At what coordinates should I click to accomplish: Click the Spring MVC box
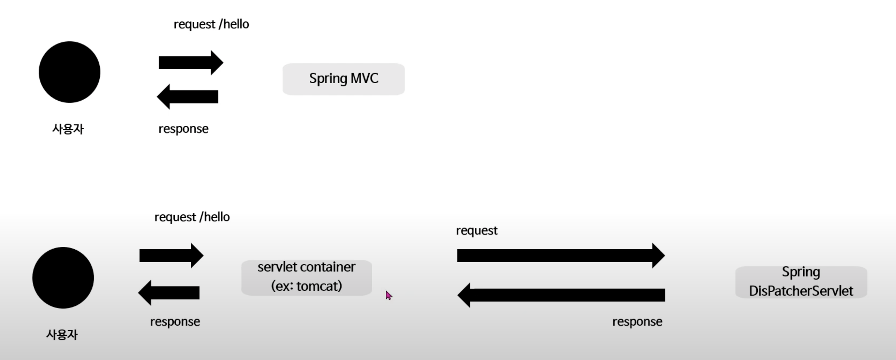tap(343, 79)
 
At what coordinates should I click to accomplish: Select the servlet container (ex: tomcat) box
tap(307, 277)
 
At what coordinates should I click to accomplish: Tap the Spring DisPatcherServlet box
tap(801, 282)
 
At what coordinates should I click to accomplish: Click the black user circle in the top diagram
tap(69, 72)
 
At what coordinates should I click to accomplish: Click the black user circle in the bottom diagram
tap(63, 277)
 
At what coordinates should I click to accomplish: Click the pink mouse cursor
tap(389, 295)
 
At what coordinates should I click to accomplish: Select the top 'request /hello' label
tap(211, 24)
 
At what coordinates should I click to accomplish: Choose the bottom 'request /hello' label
tap(192, 217)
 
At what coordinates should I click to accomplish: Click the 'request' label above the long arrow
tap(477, 231)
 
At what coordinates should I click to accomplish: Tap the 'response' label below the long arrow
tap(637, 322)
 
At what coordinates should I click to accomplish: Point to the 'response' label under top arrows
tap(183, 129)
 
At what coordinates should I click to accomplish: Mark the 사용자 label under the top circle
tap(68, 129)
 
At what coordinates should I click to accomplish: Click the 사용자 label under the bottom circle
tap(62, 335)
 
